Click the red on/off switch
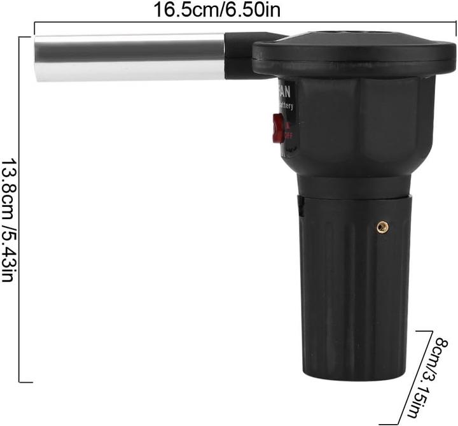[278, 127]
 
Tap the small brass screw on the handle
[382, 226]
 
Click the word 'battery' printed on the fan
[286, 106]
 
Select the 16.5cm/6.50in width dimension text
[218, 10]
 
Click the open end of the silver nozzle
[38, 59]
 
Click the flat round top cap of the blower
[354, 48]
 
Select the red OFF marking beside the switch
[289, 135]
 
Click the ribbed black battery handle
[354, 287]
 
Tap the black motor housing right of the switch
[356, 127]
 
